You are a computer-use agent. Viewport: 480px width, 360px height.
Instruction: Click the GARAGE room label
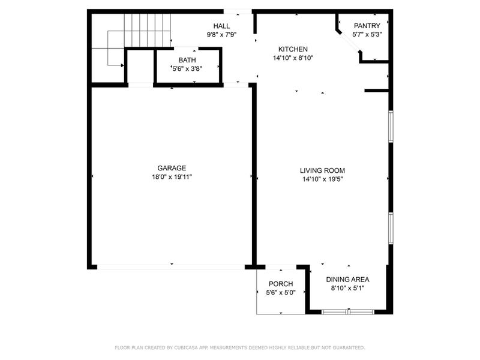[172, 168]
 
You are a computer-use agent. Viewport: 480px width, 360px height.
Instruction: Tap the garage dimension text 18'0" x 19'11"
[172, 177]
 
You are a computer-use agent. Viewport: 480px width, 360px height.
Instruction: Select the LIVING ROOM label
[323, 170]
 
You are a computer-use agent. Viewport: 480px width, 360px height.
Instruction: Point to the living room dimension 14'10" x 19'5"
[323, 179]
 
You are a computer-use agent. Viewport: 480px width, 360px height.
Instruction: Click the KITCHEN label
[293, 49]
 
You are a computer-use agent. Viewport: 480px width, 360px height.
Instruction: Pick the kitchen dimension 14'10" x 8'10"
[293, 58]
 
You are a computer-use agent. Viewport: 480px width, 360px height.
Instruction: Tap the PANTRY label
[367, 26]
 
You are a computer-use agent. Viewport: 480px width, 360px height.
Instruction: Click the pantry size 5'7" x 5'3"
[367, 34]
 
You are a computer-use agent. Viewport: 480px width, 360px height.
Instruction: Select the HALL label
[221, 26]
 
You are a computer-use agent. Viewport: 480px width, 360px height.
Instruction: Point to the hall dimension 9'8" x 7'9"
[221, 34]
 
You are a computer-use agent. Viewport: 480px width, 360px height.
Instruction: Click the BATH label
[187, 60]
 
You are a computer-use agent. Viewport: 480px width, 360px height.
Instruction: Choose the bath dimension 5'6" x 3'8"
[187, 68]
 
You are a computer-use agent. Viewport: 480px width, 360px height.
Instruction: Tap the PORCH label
[280, 284]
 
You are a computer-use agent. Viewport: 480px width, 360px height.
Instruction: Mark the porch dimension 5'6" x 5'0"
[280, 293]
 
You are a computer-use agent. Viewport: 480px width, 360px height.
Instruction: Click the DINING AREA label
[347, 280]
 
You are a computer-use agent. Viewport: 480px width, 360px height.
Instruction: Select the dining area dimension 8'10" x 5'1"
[347, 288]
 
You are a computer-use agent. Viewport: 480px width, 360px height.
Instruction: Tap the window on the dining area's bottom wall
[348, 311]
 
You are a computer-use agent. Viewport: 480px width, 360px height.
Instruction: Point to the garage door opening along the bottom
[171, 266]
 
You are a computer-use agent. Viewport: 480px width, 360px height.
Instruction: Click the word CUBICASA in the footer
[187, 347]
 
